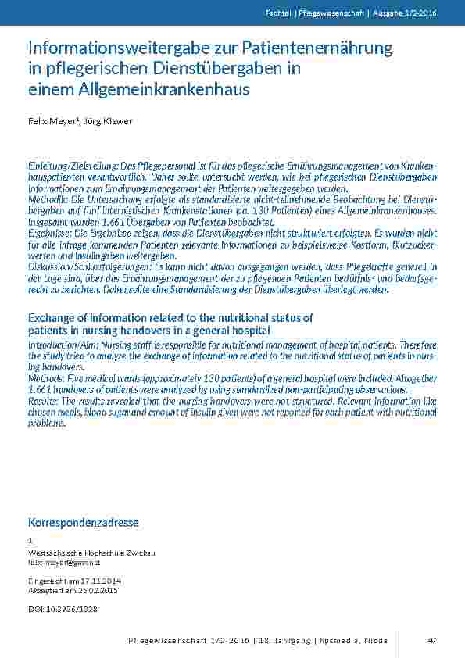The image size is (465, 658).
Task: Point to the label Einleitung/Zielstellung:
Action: pyautogui.click(x=72, y=167)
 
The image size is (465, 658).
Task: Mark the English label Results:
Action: pyautogui.click(x=45, y=398)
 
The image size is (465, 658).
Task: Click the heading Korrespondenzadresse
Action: pyautogui.click(x=83, y=522)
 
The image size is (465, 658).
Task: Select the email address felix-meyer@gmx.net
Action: pyautogui.click(x=64, y=563)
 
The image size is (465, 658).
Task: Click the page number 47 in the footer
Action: pyautogui.click(x=431, y=640)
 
